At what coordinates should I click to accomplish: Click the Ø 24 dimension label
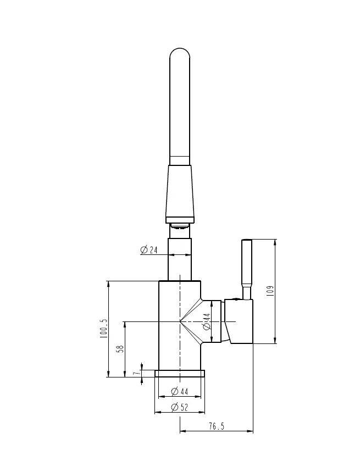click(x=149, y=250)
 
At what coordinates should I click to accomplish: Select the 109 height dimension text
click(x=270, y=291)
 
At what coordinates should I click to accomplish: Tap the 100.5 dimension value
click(x=104, y=329)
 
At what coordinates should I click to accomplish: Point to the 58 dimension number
click(x=120, y=349)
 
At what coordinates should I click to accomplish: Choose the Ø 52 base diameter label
click(x=179, y=407)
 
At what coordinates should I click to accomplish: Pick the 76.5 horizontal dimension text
click(x=217, y=426)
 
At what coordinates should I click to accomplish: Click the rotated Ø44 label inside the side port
click(x=207, y=321)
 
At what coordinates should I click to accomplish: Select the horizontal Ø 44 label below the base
click(x=179, y=391)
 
